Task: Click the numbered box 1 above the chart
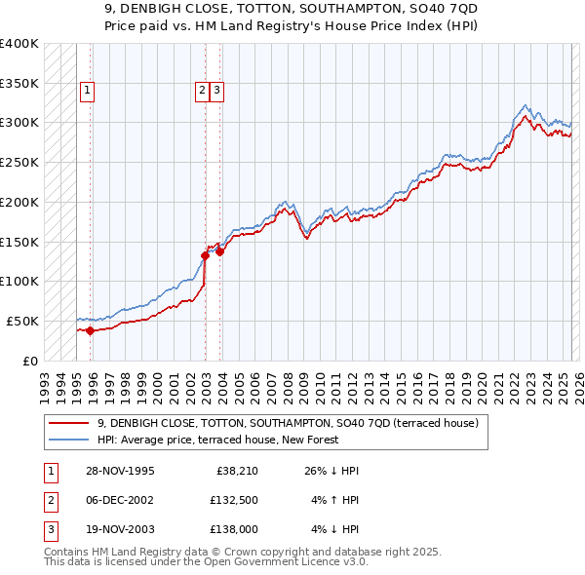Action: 87,92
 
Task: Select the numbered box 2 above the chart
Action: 202,92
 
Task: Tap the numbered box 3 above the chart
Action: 216,92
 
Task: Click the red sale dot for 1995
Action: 90,330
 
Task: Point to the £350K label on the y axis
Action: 19,84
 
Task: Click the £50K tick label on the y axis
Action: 23,321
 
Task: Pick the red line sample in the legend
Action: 69,424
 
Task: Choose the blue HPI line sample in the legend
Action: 69,441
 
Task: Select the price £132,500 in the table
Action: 234,501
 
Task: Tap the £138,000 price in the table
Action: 234,531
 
